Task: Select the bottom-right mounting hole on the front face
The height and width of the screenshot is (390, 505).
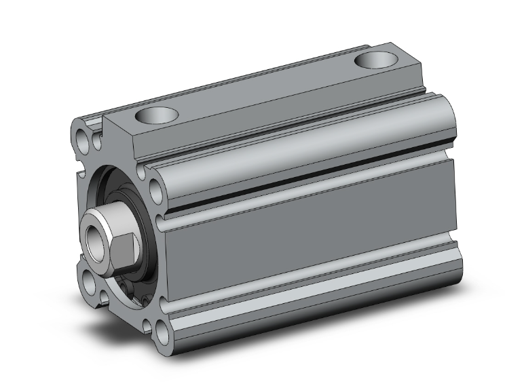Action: (x=162, y=332)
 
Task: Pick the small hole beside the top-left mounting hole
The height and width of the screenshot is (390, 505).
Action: (x=98, y=143)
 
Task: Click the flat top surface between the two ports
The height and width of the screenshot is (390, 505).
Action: (x=265, y=88)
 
